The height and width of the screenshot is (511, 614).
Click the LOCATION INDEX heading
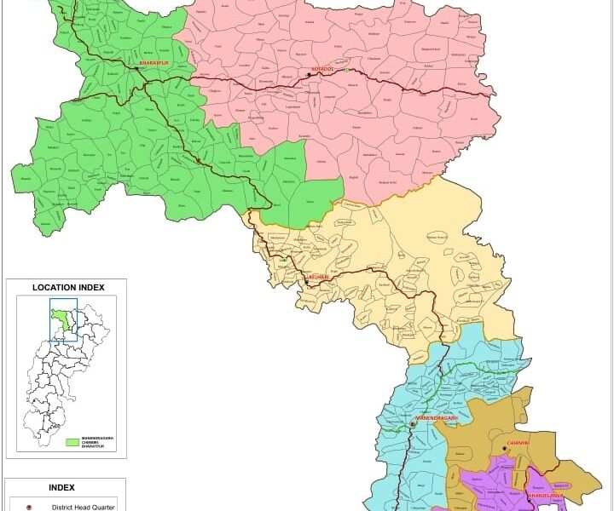coord(68,288)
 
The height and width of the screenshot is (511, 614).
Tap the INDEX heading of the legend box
coord(61,488)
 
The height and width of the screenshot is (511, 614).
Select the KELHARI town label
coord(317,278)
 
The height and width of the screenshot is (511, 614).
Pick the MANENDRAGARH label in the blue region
coord(443,418)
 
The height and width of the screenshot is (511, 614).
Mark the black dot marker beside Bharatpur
coord(136,68)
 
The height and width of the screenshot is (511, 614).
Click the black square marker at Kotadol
coord(309,75)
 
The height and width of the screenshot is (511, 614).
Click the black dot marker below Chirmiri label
coord(505,451)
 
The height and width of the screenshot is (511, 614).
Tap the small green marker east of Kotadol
coord(348,70)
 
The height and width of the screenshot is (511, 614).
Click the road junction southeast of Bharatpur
coord(154,82)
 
